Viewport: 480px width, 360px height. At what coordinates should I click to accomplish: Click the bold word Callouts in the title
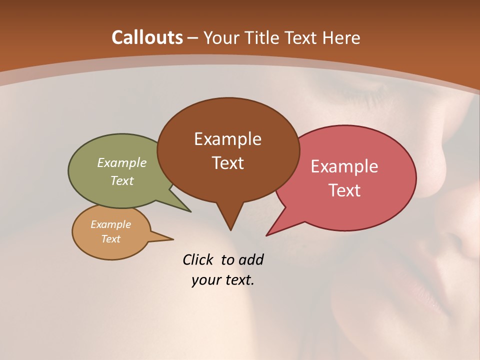coord(147,37)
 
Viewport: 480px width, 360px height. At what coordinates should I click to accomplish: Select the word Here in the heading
coord(341,37)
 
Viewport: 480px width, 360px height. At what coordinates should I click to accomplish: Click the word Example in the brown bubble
coord(227,139)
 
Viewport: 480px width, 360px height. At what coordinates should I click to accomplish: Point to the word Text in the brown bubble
coord(227,163)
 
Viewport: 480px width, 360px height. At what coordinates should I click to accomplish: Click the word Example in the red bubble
coord(344,166)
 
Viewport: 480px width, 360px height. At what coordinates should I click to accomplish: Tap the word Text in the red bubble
coord(344,190)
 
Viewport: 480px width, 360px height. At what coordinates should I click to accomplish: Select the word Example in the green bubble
coord(122,163)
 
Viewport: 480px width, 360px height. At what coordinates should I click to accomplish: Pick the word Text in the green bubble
coord(122,180)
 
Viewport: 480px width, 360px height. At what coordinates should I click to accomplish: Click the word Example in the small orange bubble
coord(111,224)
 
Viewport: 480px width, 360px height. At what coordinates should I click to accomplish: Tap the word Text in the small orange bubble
coord(111,239)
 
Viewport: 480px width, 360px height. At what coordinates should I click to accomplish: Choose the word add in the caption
coord(250,259)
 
